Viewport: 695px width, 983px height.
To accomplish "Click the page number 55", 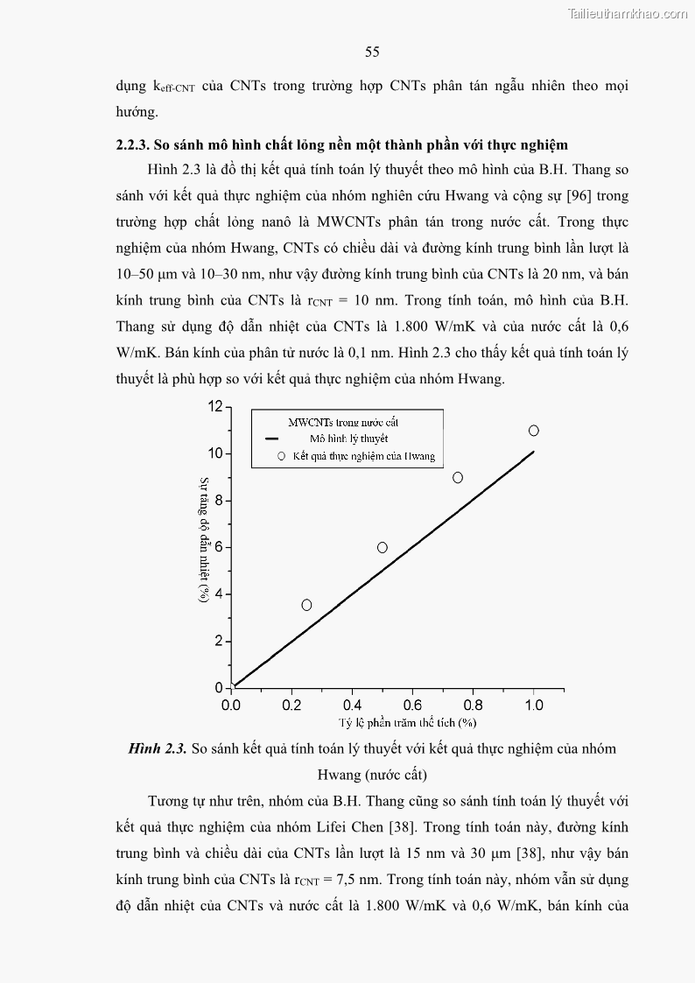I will (x=372, y=53).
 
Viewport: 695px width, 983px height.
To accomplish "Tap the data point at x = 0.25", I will (x=306, y=605).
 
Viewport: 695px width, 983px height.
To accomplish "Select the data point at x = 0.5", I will (x=383, y=547).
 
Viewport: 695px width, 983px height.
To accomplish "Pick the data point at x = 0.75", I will (x=458, y=477).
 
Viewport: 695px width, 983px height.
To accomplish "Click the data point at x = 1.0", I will (x=534, y=431).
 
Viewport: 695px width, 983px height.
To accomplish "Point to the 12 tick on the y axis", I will (x=215, y=406).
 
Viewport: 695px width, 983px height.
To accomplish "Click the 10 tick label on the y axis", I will (x=215, y=453).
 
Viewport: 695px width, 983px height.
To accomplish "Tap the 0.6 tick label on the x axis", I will (x=412, y=705).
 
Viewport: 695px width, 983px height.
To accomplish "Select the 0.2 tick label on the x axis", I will (x=291, y=705).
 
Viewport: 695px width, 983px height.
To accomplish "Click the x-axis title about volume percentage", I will (x=407, y=722).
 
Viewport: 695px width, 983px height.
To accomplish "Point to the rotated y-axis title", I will (x=203, y=539).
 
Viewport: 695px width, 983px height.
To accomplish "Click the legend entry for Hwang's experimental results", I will (x=363, y=456).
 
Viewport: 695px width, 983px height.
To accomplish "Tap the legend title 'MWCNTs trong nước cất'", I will (x=343, y=422).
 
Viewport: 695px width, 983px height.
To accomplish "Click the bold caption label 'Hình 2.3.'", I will (x=158, y=748).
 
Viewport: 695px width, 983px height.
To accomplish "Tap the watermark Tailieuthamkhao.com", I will (x=628, y=13).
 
